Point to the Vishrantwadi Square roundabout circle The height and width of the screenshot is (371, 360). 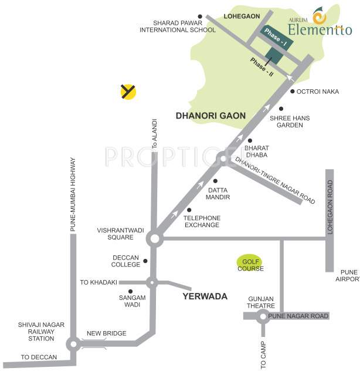[154, 238]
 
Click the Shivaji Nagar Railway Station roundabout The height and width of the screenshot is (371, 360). [73, 344]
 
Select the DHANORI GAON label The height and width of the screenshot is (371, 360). [210, 116]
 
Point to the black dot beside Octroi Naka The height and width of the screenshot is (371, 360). [292, 91]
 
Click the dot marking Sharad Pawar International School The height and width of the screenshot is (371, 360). [200, 16]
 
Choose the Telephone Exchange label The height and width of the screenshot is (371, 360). [202, 221]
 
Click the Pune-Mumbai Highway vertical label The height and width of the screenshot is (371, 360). [73, 194]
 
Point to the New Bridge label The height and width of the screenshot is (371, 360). [106, 333]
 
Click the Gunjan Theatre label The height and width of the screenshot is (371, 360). [261, 302]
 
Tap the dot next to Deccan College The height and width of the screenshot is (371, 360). [145, 261]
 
